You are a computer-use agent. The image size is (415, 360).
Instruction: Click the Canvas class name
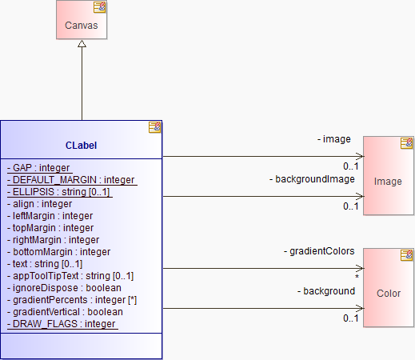[82, 26]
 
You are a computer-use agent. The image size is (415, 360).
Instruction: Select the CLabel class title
[81, 146]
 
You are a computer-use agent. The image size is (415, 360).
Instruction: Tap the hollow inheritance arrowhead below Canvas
[82, 44]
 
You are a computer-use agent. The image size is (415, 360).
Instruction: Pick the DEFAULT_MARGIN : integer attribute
[71, 180]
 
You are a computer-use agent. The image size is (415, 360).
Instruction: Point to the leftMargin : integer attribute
[50, 216]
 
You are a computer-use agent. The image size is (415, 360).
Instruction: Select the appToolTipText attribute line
[70, 276]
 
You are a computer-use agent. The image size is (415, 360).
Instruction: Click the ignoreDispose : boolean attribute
[64, 288]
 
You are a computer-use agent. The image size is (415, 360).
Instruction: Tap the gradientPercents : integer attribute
[72, 300]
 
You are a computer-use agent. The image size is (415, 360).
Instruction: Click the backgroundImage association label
[312, 179]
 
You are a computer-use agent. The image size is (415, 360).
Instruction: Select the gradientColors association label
[319, 251]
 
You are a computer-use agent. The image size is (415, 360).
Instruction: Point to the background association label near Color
[326, 291]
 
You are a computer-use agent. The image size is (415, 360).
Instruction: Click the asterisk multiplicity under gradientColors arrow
[357, 277]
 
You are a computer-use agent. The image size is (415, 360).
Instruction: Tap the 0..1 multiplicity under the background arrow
[351, 318]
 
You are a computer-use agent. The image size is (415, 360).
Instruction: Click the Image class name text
[388, 182]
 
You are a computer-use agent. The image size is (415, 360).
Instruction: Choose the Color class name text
[389, 294]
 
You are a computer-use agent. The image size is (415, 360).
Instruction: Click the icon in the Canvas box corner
[100, 7]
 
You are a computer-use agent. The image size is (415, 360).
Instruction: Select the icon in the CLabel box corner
[155, 127]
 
